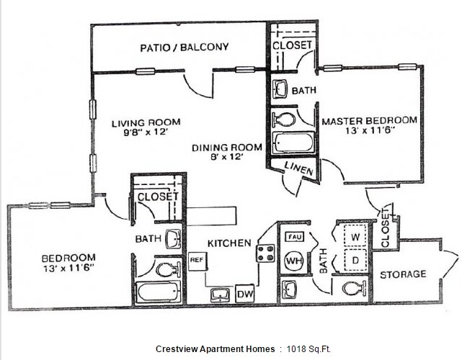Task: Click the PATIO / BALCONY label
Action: [184, 48]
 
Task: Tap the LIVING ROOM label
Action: [146, 122]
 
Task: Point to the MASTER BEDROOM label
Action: [369, 120]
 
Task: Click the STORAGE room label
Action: [403, 274]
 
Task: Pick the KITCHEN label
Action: [229, 243]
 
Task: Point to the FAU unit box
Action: [294, 237]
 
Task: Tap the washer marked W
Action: [355, 235]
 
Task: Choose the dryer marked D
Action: [355, 258]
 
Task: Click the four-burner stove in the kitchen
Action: [265, 253]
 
